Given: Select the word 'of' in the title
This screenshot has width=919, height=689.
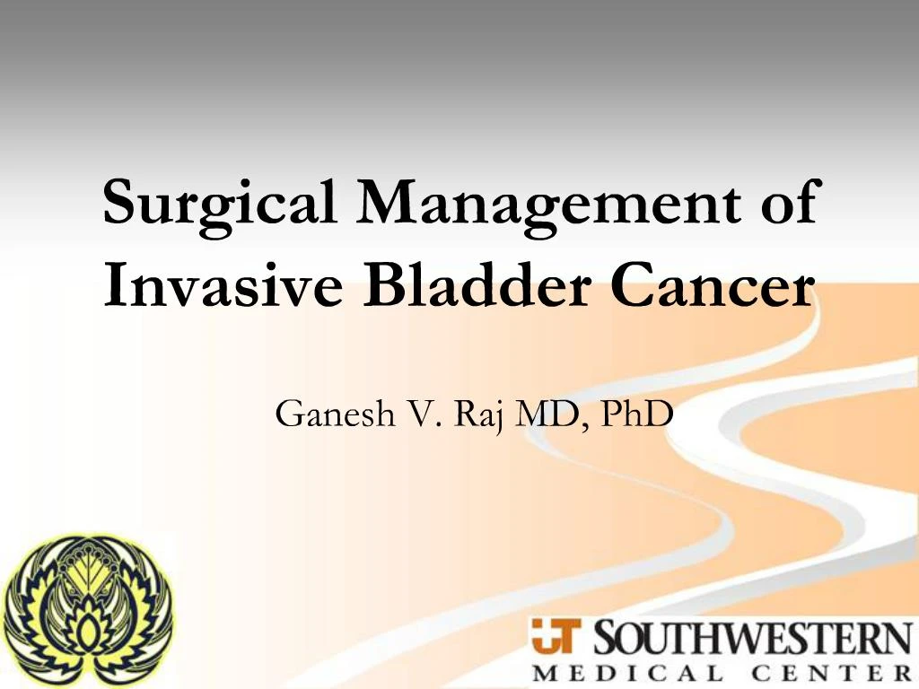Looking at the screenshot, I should tap(785, 203).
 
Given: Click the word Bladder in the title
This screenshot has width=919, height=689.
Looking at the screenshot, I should tap(463, 286).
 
